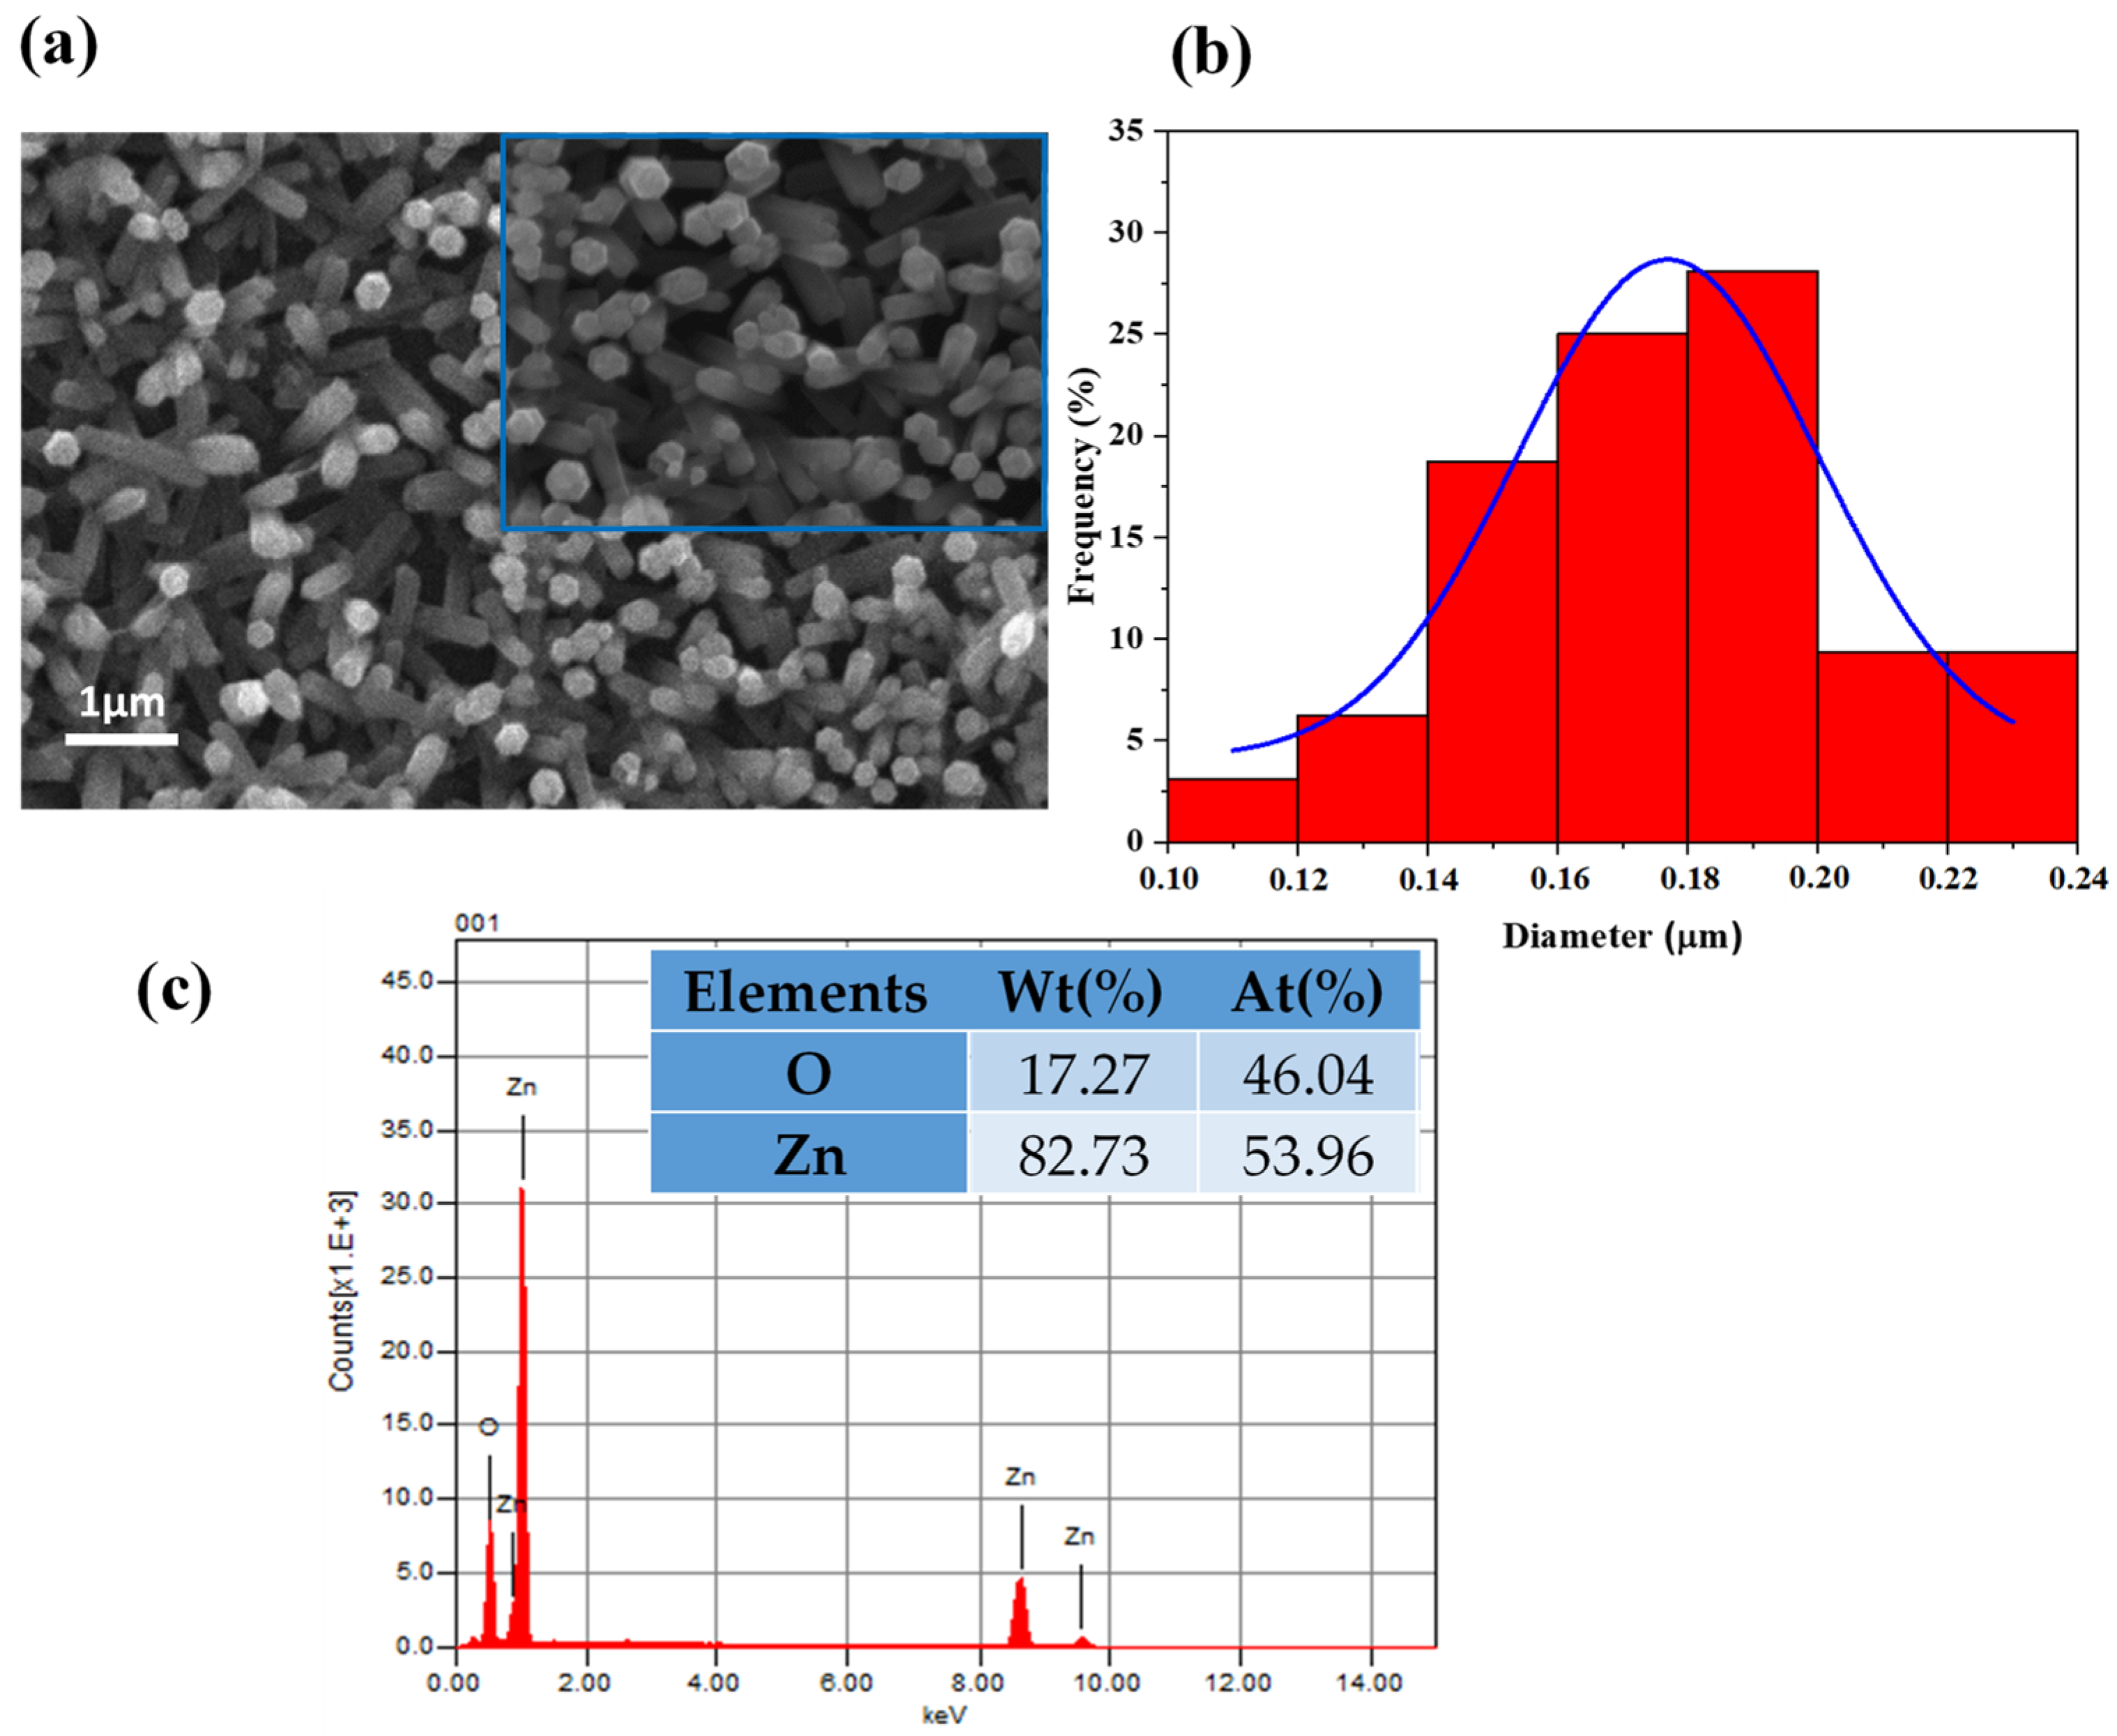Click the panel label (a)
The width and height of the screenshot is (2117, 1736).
[x=58, y=45]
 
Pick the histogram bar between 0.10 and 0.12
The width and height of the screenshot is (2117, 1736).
[x=1231, y=810]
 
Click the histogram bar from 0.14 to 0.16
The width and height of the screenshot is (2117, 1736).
[x=1491, y=651]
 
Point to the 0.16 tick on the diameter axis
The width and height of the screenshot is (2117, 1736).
[x=1558, y=879]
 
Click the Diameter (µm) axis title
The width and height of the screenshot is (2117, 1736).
[x=1621, y=936]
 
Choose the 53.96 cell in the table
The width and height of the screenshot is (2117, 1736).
[x=1307, y=1155]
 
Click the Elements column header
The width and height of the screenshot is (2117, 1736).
[x=805, y=992]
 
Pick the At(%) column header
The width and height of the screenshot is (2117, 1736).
[x=1307, y=992]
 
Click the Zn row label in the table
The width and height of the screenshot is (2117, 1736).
[x=809, y=1155]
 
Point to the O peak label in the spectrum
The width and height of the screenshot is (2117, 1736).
[x=488, y=1426]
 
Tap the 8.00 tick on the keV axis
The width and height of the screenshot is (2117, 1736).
[x=979, y=1683]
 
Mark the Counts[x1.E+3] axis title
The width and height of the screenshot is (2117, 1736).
[x=341, y=1291]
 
